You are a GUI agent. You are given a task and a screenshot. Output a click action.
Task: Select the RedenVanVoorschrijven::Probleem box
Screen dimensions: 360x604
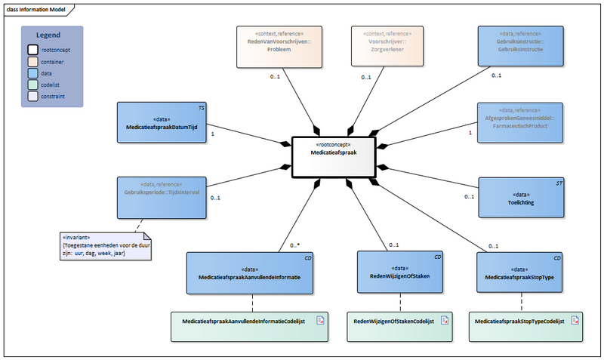coord(280,46)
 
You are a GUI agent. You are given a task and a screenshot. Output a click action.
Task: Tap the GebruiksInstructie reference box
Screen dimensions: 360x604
coord(521,46)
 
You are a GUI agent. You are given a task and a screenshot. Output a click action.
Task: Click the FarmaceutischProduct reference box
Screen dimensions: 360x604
coord(521,122)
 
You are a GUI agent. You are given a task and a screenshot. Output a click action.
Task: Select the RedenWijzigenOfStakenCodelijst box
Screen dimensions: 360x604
coord(400,322)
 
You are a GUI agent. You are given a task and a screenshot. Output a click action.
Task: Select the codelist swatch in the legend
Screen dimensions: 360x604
coord(33,85)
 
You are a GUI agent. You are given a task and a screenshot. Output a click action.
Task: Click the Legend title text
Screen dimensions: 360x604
coord(51,35)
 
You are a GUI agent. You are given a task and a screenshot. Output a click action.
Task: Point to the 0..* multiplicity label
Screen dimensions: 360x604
coord(296,245)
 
